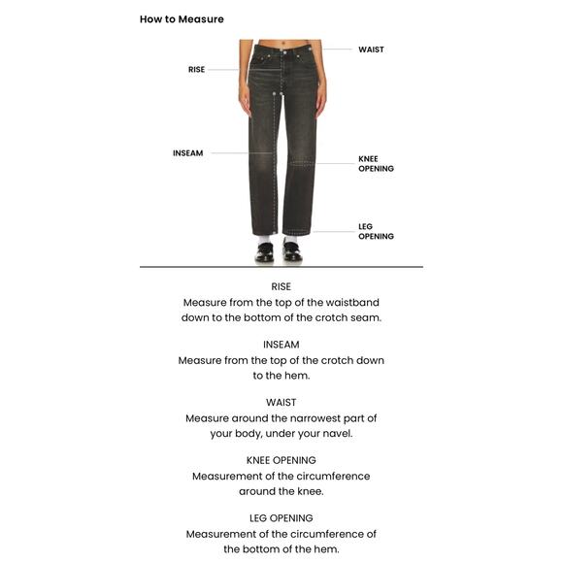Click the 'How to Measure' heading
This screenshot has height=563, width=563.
[x=182, y=19]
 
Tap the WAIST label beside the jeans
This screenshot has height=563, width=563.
[x=371, y=50]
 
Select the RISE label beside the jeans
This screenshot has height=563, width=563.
[x=197, y=70]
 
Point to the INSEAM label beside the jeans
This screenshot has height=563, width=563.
[x=188, y=153]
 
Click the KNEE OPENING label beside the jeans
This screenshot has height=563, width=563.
[x=376, y=163]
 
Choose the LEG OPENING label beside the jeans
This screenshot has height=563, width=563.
[x=376, y=231]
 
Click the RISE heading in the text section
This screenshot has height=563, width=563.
[x=281, y=286]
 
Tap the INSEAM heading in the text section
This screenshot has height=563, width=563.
[x=281, y=344]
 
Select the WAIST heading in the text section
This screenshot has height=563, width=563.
[x=281, y=402]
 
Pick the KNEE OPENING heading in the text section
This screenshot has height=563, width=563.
[x=281, y=459]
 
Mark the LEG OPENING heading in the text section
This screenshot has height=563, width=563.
[x=281, y=517]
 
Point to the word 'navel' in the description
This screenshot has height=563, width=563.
[x=335, y=433]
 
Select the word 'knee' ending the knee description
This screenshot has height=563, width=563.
[x=308, y=491]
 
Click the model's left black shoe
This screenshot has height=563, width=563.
[x=291, y=253]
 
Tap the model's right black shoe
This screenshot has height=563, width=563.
[x=264, y=253]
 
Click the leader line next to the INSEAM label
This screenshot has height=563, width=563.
[x=233, y=153]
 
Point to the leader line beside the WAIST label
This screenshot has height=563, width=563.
[x=337, y=50]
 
